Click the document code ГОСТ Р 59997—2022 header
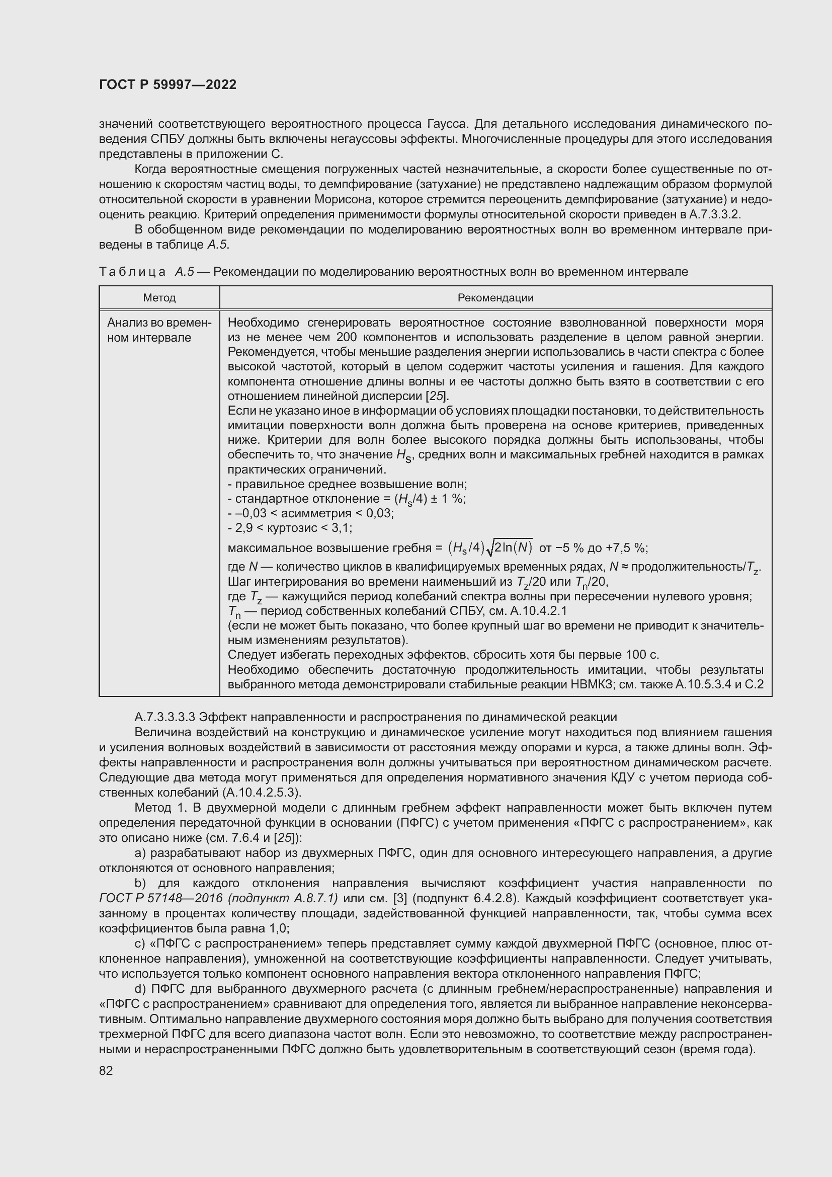(168, 85)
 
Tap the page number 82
(106, 1070)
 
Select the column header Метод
(159, 298)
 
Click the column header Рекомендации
(495, 298)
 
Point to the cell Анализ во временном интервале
(159, 330)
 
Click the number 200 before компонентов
(348, 337)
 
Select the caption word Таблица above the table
(132, 272)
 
